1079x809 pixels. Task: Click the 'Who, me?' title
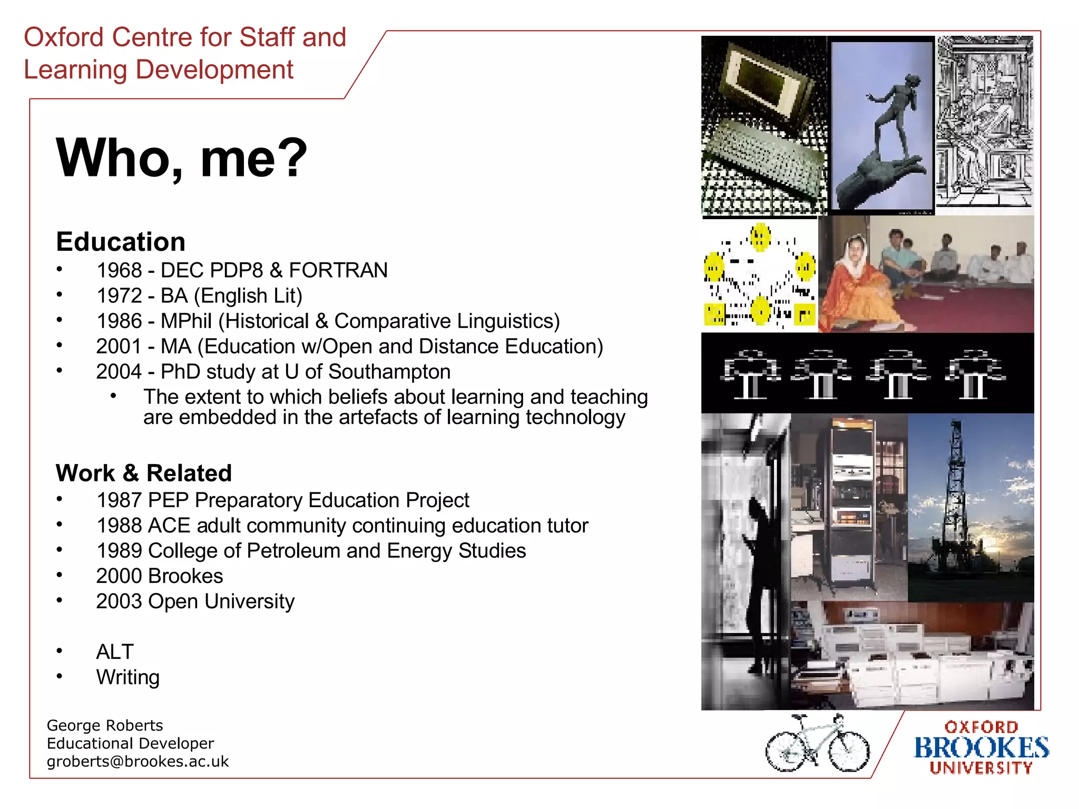click(181, 158)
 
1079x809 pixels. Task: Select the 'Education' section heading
click(121, 242)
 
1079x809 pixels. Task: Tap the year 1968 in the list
click(120, 270)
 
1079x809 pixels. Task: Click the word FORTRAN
click(338, 270)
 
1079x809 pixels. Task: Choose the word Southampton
click(389, 371)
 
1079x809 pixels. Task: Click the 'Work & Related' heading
click(144, 472)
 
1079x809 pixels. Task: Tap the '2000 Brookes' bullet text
click(160, 576)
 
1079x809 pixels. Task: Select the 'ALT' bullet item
click(115, 652)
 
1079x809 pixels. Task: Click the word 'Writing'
click(128, 677)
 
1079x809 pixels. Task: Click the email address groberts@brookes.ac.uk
click(138, 762)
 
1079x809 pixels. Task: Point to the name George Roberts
click(105, 725)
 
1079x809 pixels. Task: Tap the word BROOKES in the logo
click(981, 748)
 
